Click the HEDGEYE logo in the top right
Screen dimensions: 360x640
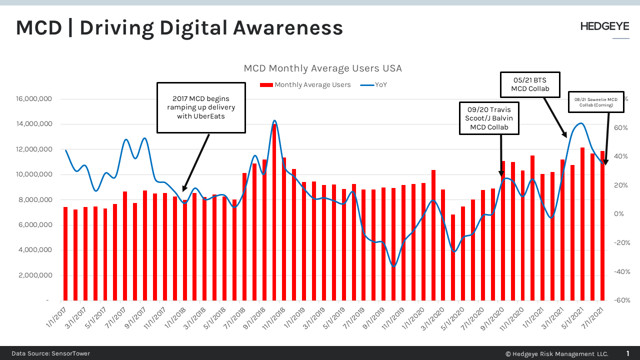tap(604, 27)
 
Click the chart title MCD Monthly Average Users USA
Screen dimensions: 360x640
tap(322, 68)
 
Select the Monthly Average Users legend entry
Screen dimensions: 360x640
tap(305, 84)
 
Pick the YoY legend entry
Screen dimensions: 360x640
tap(374, 84)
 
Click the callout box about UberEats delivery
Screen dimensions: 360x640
tap(201, 107)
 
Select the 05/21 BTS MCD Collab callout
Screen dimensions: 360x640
tap(530, 84)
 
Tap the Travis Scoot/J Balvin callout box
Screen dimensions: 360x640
tap(489, 118)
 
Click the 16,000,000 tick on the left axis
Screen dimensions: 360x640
tap(34, 99)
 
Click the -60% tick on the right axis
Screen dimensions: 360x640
tap(622, 300)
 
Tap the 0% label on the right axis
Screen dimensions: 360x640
tap(618, 214)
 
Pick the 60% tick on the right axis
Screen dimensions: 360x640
tap(620, 128)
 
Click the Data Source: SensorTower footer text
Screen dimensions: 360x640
tap(50, 353)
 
